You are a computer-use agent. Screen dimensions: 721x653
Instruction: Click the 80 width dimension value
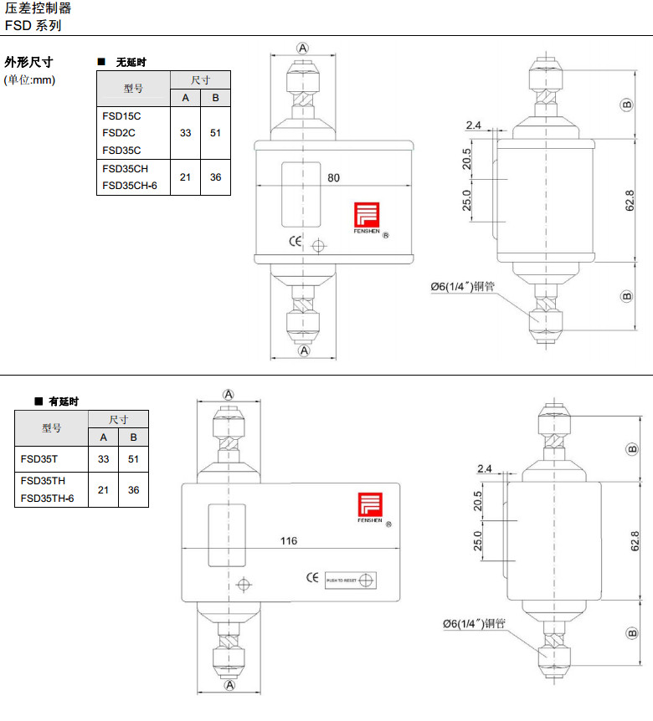coord(334,177)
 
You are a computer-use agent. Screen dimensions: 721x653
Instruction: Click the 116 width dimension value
coord(288,541)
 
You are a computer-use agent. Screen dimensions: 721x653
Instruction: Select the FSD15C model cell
coord(121,115)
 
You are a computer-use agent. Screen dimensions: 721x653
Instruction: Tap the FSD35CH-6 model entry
coord(130,186)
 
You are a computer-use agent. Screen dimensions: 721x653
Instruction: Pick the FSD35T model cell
coord(38,459)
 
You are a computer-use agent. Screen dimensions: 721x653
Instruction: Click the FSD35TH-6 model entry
coord(48,499)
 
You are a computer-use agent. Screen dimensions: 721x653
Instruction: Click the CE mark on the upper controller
coord(295,243)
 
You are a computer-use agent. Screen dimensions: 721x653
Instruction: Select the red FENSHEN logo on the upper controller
coord(368,215)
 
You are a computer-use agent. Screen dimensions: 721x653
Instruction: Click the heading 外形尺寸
coord(28,63)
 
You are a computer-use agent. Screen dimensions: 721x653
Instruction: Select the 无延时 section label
coord(130,63)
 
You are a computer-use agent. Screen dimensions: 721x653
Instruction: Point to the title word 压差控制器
coord(38,8)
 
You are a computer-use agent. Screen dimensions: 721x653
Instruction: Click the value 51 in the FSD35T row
coord(133,459)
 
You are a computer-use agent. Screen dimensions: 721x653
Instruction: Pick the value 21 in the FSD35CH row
coord(185,177)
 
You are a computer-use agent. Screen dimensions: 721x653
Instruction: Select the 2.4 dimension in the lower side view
coord(485,468)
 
